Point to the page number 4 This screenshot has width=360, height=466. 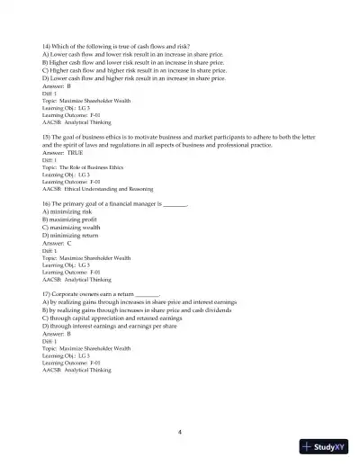click(180, 432)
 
